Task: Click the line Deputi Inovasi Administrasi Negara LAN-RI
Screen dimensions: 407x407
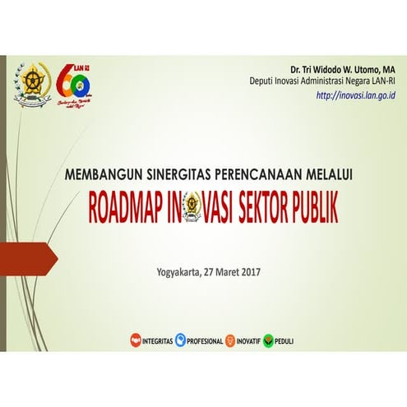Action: [323, 81]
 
